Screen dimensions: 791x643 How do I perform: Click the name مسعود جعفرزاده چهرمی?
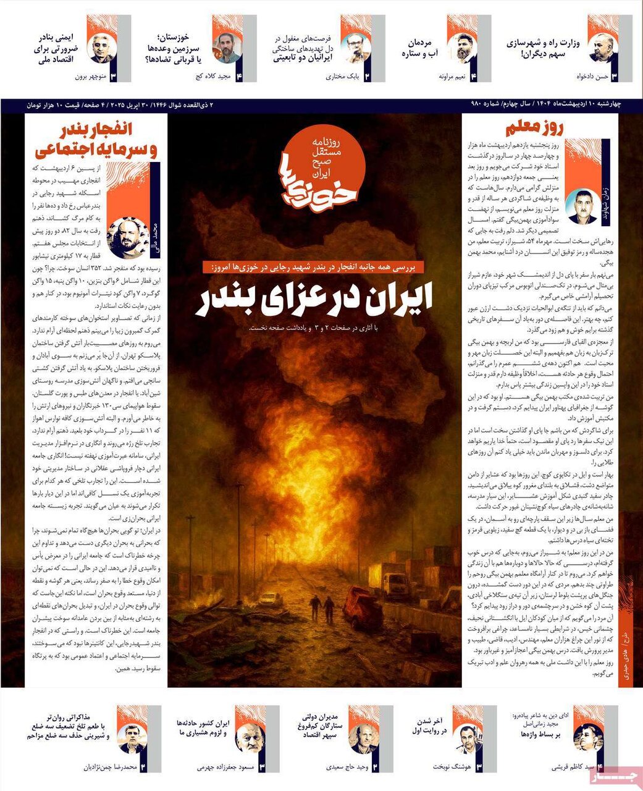(225, 768)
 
